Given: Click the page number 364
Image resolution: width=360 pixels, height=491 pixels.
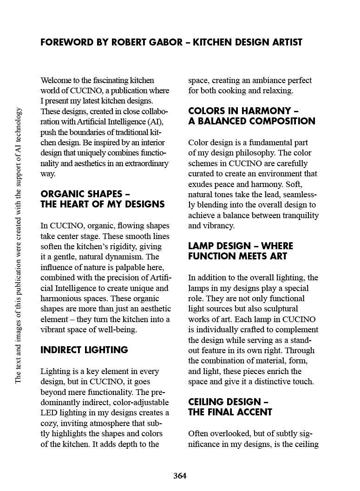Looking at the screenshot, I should coord(180,476).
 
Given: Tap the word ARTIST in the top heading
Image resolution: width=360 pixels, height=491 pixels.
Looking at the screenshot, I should coord(285,42).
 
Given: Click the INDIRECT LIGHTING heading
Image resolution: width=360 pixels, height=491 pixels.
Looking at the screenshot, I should coord(84,350).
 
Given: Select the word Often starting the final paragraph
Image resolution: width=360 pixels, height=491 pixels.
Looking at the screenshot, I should coord(199,434).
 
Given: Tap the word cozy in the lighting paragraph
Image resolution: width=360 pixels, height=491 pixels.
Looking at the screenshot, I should coord(49,423).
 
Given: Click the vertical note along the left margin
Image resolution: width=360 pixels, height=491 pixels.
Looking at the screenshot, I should coord(19,245).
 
